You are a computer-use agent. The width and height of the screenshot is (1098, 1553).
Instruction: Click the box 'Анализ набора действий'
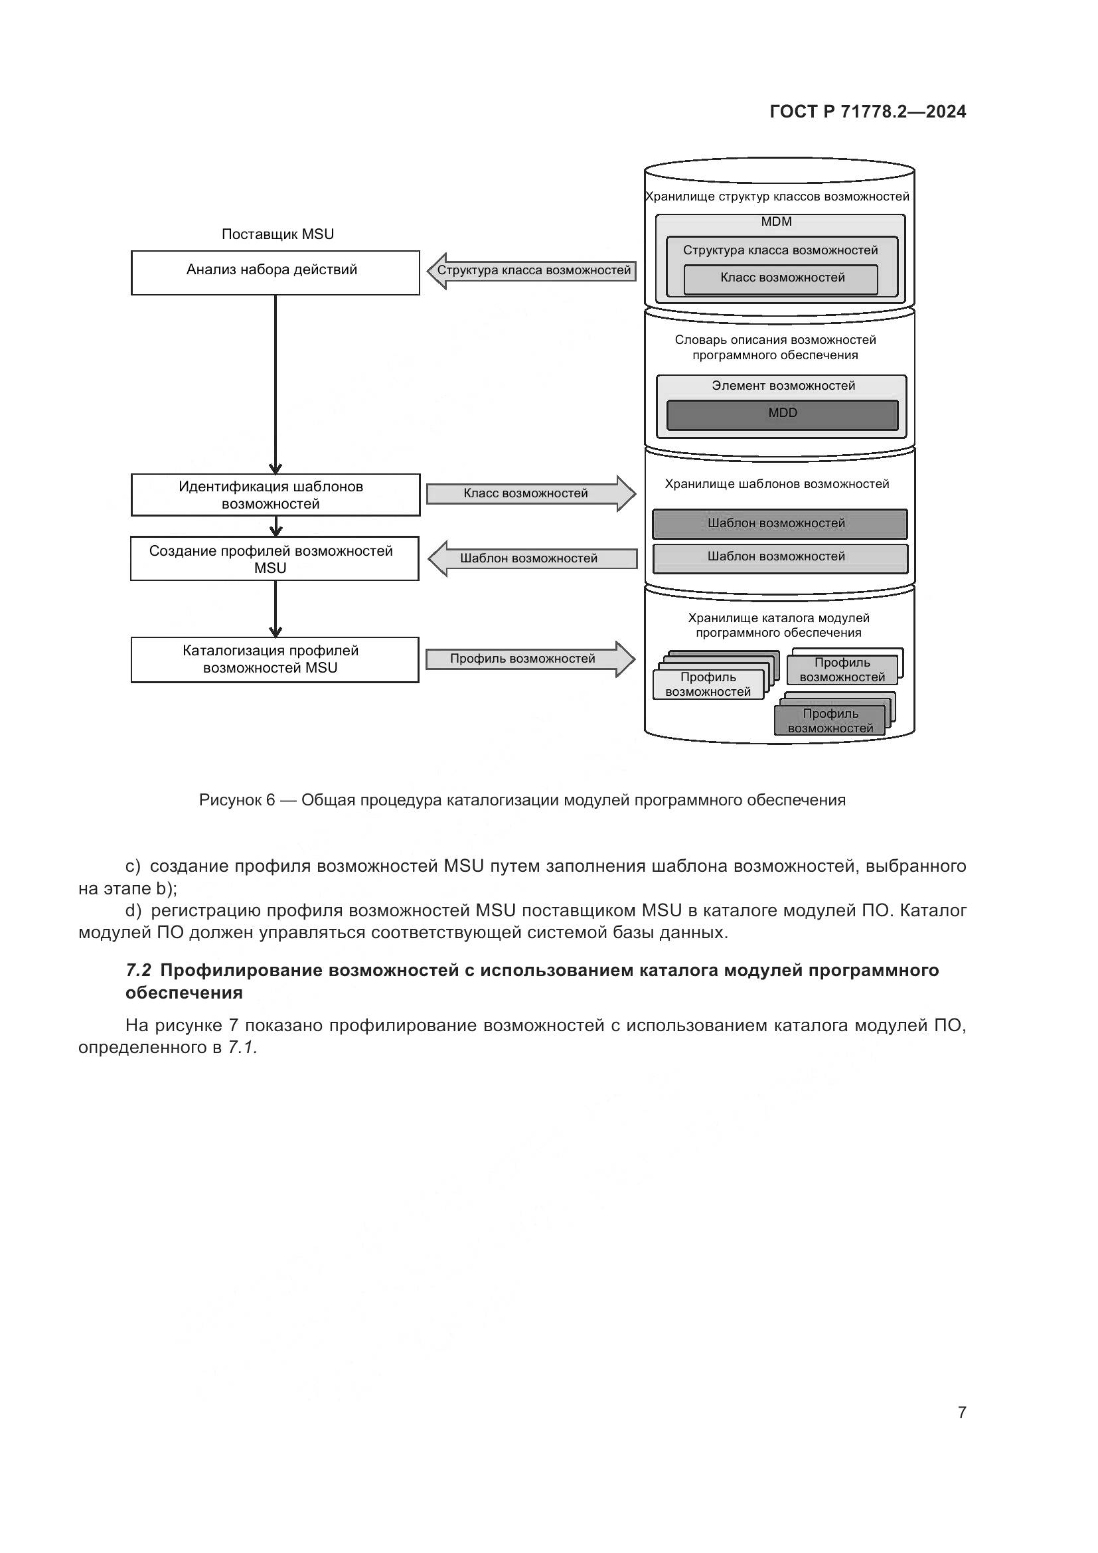pyautogui.click(x=275, y=273)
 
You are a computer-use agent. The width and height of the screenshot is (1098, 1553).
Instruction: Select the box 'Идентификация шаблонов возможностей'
pyautogui.click(x=275, y=495)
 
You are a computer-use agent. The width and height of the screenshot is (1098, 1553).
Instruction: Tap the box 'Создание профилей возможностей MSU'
pyautogui.click(x=275, y=558)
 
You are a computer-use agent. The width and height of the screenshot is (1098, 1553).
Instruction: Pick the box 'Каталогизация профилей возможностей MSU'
pyautogui.click(x=275, y=659)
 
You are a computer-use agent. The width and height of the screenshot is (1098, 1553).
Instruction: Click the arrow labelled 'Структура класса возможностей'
pyautogui.click(x=532, y=270)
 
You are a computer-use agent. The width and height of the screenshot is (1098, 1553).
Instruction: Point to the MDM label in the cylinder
pyautogui.click(x=776, y=222)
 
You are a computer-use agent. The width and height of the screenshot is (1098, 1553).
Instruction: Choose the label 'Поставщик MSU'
pyautogui.click(x=277, y=234)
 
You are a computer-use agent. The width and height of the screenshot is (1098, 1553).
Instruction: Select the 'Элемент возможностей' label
pyautogui.click(x=783, y=386)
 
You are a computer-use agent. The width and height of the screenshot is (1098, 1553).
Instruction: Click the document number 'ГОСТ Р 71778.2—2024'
pyautogui.click(x=868, y=112)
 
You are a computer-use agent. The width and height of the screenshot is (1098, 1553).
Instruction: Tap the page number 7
pyautogui.click(x=961, y=1412)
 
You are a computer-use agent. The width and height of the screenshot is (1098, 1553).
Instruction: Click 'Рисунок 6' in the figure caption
pyautogui.click(x=236, y=800)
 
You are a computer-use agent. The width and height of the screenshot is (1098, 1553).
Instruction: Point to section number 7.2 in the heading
pyautogui.click(x=138, y=971)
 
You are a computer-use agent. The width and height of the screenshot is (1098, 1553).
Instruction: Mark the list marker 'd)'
pyautogui.click(x=133, y=911)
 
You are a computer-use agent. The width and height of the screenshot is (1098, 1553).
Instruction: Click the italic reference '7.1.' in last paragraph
pyautogui.click(x=243, y=1048)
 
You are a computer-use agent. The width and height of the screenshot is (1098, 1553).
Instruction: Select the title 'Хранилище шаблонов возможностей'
pyautogui.click(x=777, y=484)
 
